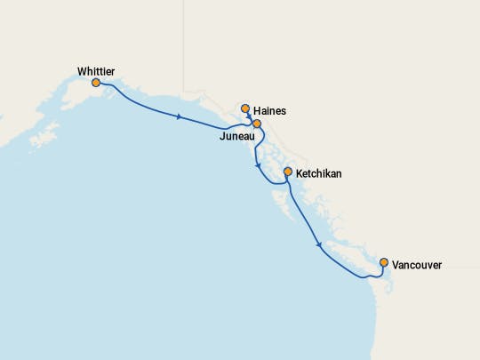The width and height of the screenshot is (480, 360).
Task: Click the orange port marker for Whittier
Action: [96, 83]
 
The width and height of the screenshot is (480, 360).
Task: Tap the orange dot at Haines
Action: [246, 109]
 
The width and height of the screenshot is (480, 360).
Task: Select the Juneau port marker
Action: [257, 124]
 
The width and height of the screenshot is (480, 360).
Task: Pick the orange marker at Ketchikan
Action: [287, 172]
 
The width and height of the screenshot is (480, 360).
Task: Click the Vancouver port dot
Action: [384, 263]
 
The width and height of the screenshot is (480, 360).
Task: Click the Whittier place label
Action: [96, 70]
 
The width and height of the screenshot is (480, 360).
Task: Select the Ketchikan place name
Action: [318, 173]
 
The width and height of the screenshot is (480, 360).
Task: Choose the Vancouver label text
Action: [417, 265]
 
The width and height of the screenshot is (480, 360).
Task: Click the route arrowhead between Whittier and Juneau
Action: [180, 117]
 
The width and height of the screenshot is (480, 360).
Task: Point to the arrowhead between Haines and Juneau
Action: [250, 116]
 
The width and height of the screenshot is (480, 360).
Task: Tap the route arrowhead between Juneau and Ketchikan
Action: [257, 165]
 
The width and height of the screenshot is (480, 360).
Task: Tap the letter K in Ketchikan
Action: [300, 173]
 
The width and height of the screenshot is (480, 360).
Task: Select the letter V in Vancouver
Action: [396, 265]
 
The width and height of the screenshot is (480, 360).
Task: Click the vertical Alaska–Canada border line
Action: [183, 44]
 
